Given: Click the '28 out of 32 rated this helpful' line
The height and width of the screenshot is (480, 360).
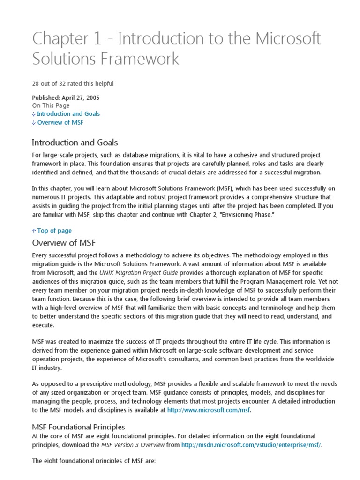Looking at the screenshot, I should click(x=73, y=84).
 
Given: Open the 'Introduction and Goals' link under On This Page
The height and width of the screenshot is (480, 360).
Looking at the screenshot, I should click(x=68, y=113).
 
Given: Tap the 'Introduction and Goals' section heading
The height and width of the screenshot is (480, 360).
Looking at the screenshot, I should click(x=75, y=142).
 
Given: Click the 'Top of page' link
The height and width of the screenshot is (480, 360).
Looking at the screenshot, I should click(x=54, y=231).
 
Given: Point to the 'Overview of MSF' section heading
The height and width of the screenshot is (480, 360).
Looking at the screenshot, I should click(x=63, y=243).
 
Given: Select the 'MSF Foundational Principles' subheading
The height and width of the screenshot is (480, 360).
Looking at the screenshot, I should click(x=78, y=427).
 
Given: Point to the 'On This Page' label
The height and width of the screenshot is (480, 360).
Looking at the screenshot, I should click(x=51, y=105).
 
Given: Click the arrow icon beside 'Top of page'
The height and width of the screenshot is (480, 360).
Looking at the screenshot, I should click(x=34, y=231).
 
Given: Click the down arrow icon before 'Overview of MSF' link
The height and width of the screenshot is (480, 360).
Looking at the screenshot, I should click(x=34, y=123).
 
